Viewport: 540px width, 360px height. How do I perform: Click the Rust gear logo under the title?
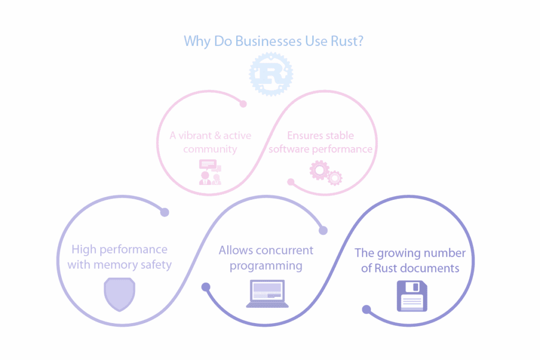271,74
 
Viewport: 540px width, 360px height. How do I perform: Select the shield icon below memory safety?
120,294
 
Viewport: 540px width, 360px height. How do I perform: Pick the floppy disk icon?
412,296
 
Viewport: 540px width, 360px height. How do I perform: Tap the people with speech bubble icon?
209,172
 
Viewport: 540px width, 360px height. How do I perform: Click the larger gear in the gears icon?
319,170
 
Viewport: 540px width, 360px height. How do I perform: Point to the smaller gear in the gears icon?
335,178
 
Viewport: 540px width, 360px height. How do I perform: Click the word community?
210,149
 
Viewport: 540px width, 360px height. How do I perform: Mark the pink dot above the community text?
243,104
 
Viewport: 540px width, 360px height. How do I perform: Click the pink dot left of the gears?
291,182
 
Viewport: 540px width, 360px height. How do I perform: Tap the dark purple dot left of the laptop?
206,287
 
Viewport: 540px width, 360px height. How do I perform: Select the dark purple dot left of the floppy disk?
367,309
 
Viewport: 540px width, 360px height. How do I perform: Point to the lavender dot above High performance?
165,212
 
